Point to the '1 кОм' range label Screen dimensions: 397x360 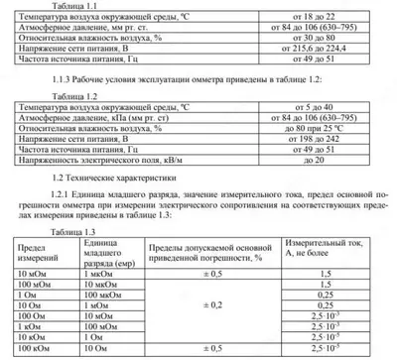[x=30, y=326]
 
